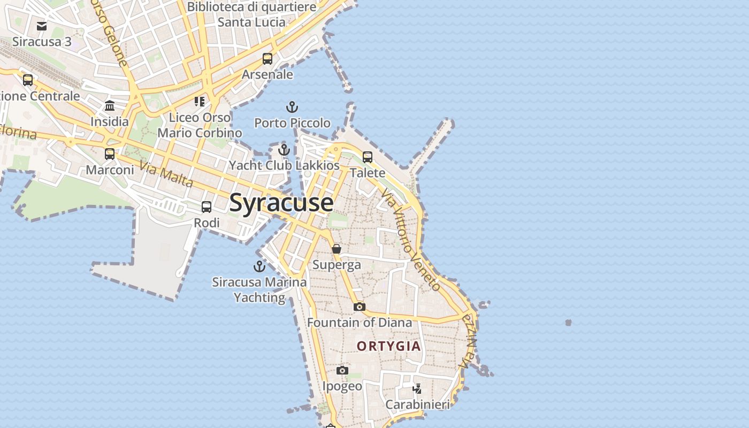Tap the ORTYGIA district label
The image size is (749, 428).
389,346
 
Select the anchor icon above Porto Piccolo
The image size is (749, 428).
292,107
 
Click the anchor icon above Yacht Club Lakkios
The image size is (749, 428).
284,150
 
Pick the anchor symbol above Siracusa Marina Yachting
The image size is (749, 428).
259,266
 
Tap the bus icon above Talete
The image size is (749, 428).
368,157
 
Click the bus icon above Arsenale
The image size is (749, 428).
267,59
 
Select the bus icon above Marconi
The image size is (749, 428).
110,154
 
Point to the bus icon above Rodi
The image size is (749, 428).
207,207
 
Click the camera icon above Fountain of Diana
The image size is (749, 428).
360,307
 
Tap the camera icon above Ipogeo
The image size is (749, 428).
342,370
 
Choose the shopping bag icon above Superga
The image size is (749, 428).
337,249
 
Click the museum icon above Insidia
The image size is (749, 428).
110,105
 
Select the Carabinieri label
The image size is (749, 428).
418,404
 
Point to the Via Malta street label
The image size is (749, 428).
166,174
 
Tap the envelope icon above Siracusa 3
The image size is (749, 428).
42,26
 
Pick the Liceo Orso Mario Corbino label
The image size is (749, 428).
200,125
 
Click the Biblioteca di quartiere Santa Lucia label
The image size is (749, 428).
251,14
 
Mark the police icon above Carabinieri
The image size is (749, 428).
417,388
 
